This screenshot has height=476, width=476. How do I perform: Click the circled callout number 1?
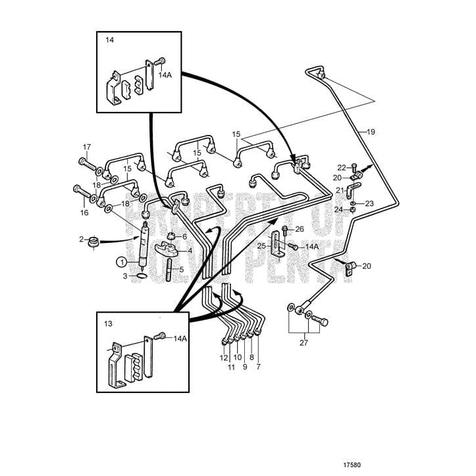point(122,261)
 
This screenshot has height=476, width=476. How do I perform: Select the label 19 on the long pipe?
point(371,132)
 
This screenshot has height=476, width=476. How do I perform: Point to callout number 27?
point(304,342)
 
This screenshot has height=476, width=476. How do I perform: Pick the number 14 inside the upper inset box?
point(109,40)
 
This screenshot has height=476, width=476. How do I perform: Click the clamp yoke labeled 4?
point(169,250)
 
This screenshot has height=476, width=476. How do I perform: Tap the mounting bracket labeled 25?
point(278,245)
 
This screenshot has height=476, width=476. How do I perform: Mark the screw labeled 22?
point(355,167)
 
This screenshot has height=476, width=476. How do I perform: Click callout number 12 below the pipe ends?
point(223,358)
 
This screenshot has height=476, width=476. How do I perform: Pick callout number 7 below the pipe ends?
point(258,367)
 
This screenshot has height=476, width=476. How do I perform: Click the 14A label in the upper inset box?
point(164,76)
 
